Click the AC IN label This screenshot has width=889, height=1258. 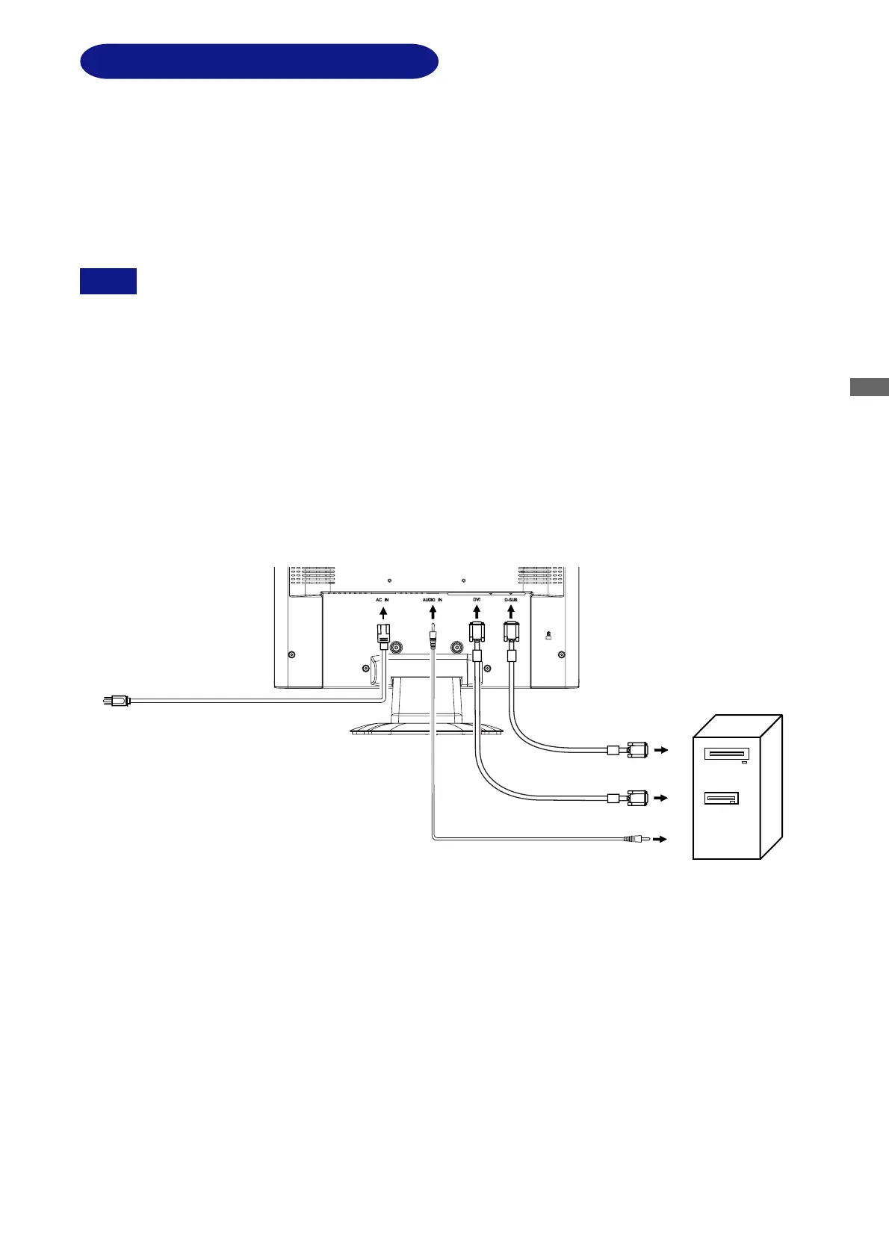pyautogui.click(x=382, y=600)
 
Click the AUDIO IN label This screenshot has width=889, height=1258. pyautogui.click(x=432, y=600)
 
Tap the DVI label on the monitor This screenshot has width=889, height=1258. pyautogui.click(x=476, y=599)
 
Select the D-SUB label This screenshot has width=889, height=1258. pyautogui.click(x=511, y=599)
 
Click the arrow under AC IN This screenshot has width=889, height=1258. pyautogui.click(x=383, y=614)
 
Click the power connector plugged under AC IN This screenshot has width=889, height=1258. pyautogui.click(x=382, y=637)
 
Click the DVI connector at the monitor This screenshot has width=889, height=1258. pyautogui.click(x=477, y=634)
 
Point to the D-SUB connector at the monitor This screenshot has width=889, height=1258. pyautogui.click(x=511, y=633)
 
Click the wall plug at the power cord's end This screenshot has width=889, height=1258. pyautogui.click(x=115, y=701)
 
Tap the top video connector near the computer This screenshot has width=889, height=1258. pyautogui.click(x=636, y=749)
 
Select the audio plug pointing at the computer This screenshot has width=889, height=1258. pyautogui.click(x=636, y=840)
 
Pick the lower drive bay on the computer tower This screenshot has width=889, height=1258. pyautogui.click(x=722, y=799)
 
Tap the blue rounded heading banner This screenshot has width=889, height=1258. pyautogui.click(x=258, y=61)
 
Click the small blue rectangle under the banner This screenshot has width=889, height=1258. pyautogui.click(x=108, y=281)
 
